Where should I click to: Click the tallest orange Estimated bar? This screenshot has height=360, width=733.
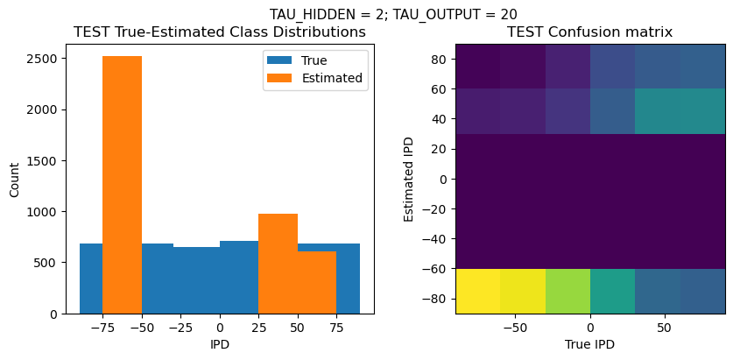(122, 184)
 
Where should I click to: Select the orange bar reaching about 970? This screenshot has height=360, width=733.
(278, 263)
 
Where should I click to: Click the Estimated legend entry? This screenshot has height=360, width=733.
(332, 78)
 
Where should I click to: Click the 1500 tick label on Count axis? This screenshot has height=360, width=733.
(44, 160)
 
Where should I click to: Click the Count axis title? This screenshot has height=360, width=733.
(14, 179)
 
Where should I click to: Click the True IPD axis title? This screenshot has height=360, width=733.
(590, 344)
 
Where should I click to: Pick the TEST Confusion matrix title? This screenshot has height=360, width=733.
(590, 32)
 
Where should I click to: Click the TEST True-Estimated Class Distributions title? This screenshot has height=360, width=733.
(219, 32)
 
